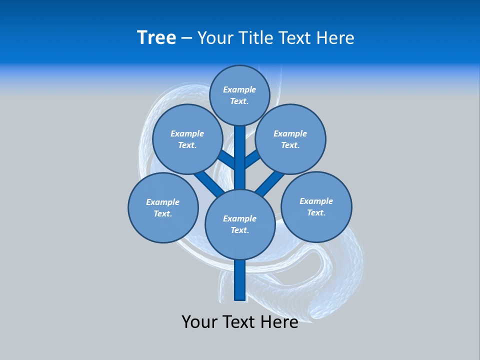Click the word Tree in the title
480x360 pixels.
point(156,38)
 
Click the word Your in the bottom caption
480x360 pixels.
point(200,322)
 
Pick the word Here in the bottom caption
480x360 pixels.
point(279,322)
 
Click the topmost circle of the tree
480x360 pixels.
point(239,95)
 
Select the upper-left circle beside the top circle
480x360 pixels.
point(187,139)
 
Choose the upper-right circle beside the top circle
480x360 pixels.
point(290,139)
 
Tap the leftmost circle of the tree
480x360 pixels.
point(163,207)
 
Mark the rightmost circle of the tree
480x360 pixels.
point(316,206)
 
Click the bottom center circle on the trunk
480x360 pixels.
point(240,224)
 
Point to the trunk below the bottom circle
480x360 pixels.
point(240,280)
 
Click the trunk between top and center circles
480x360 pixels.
point(240,157)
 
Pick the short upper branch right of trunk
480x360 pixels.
point(252,159)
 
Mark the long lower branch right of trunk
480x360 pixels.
point(270,183)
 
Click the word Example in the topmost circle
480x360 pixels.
point(239,89)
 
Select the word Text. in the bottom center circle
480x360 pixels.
point(239,230)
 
